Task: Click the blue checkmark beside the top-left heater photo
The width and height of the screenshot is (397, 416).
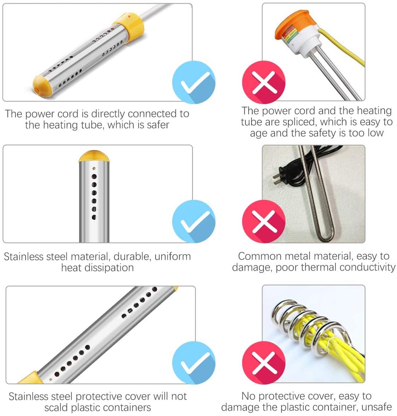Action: click(x=194, y=82)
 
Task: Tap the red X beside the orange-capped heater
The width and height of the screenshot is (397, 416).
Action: click(x=264, y=82)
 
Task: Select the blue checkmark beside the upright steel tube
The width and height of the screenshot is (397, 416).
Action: click(x=194, y=222)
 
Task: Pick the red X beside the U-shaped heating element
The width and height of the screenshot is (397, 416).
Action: click(x=264, y=222)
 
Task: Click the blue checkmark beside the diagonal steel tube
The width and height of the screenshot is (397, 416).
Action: click(x=194, y=363)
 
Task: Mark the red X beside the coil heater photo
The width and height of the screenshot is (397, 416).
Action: click(x=264, y=363)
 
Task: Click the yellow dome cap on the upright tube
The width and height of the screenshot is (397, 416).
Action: click(x=94, y=156)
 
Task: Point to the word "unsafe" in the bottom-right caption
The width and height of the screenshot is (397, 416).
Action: click(x=377, y=407)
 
